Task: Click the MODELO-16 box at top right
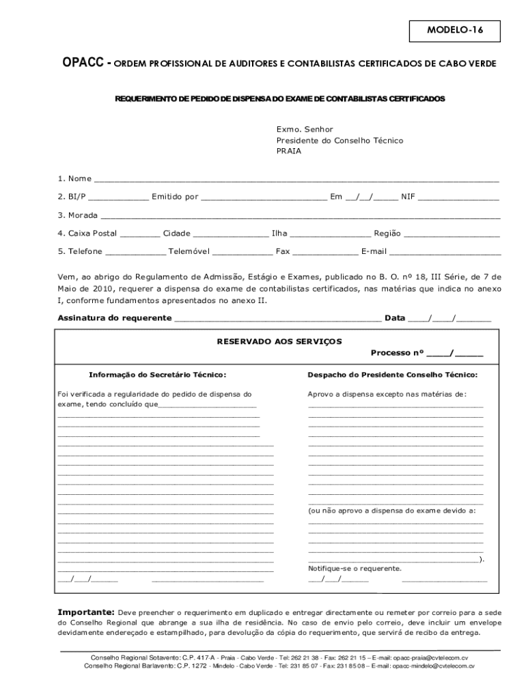tap(454, 31)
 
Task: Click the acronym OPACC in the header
tap(83, 63)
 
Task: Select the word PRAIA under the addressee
tap(288, 152)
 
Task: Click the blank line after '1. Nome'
tap(296, 180)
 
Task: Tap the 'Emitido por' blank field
tap(264, 198)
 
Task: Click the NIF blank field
tap(458, 198)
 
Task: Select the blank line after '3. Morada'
tap(301, 216)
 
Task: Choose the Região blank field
tap(452, 234)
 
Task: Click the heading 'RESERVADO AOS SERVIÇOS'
tap(269, 341)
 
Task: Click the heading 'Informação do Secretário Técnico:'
tap(158, 375)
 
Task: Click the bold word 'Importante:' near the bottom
tap(86, 612)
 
